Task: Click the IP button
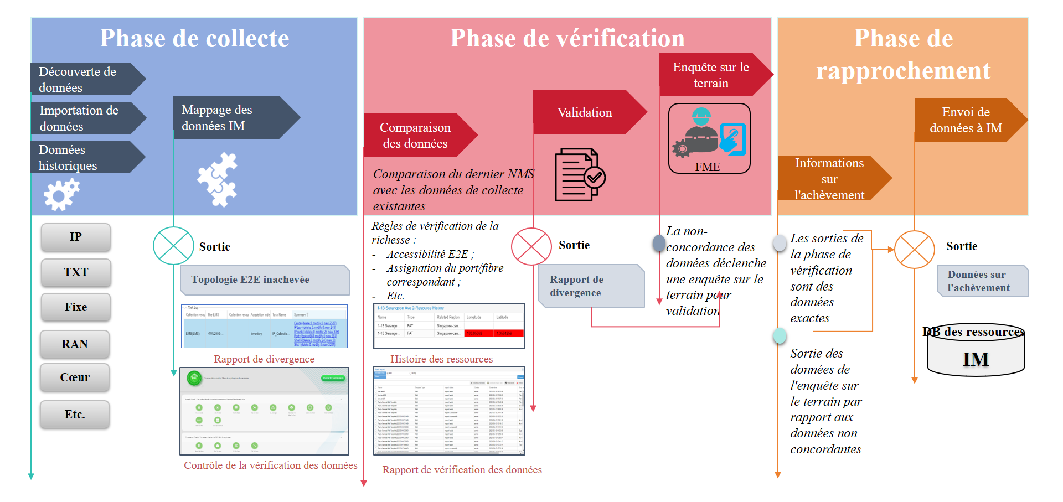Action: coord(76,237)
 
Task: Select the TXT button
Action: coord(76,272)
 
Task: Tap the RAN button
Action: coord(75,344)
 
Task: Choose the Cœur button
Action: coord(75,377)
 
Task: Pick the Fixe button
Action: coord(76,307)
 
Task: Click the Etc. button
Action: coord(75,415)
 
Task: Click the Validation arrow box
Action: coord(585,112)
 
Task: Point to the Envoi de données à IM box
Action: coord(966,120)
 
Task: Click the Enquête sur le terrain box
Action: coord(711,75)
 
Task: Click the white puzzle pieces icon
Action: coord(218,179)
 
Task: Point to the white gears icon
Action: coord(61,194)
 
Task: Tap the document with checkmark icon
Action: coord(579,174)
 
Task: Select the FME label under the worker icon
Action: coord(708,167)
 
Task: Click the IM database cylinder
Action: coord(976,354)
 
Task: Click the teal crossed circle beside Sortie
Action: coord(173,246)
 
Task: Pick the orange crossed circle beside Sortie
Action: coord(915,250)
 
